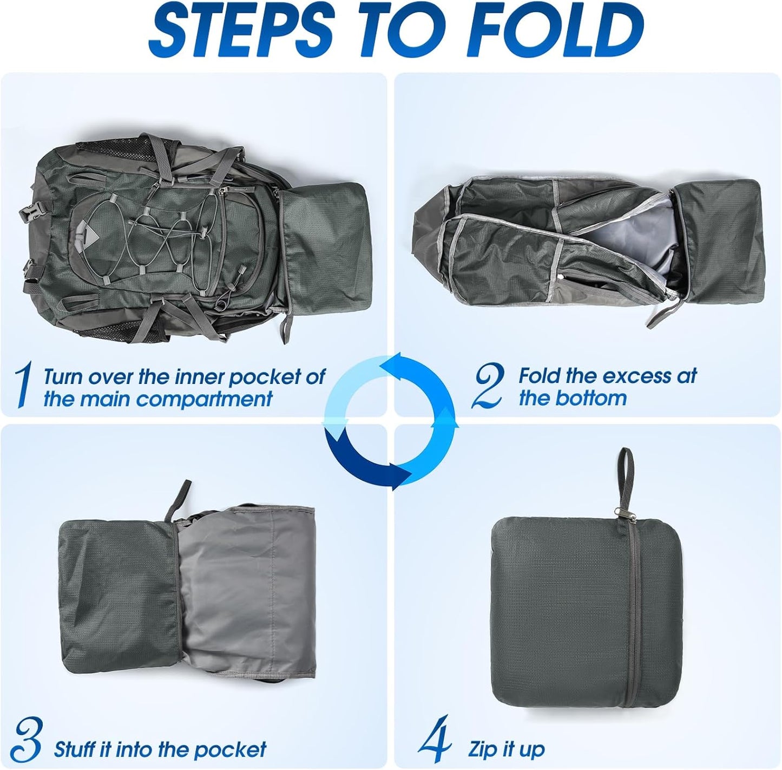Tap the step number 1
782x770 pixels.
[x=22, y=385]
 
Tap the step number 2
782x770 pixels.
[x=488, y=385]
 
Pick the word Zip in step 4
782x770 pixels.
[x=482, y=750]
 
